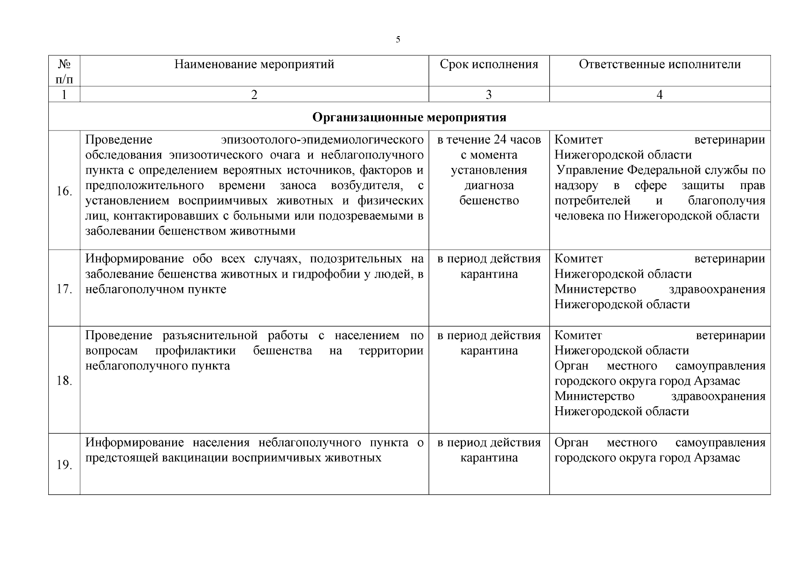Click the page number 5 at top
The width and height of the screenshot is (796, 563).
tap(398, 39)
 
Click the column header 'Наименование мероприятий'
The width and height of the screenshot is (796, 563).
tap(254, 64)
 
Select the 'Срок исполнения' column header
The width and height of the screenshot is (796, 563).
tap(489, 64)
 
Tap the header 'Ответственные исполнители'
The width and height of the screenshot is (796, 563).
tap(660, 64)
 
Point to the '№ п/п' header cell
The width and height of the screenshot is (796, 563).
tap(64, 70)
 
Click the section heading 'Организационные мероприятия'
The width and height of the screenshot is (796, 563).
tap(409, 117)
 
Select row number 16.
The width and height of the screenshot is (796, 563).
tap(64, 191)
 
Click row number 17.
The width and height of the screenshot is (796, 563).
tap(64, 289)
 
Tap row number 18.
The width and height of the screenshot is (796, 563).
tap(64, 380)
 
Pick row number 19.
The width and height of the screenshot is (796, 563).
tap(64, 465)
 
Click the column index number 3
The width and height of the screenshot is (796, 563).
tap(489, 94)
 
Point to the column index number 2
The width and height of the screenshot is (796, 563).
tap(254, 94)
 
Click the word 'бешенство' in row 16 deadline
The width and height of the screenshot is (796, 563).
tap(489, 201)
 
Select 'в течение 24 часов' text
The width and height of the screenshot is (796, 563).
tap(489, 140)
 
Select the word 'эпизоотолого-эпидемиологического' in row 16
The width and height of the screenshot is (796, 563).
tap(322, 140)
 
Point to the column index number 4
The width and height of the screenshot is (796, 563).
tap(660, 94)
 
